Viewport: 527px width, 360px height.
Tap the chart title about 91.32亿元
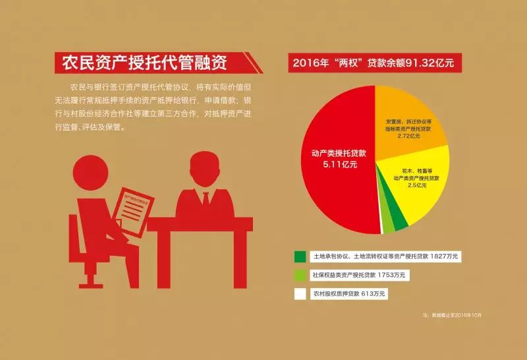(x=374, y=64)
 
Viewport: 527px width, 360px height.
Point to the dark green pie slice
(x=399, y=222)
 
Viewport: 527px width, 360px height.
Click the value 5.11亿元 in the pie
(x=340, y=165)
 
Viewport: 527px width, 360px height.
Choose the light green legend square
(x=300, y=274)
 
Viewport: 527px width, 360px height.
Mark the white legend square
(x=300, y=293)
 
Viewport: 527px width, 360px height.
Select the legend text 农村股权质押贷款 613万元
(x=349, y=293)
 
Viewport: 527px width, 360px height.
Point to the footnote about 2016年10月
(x=454, y=315)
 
